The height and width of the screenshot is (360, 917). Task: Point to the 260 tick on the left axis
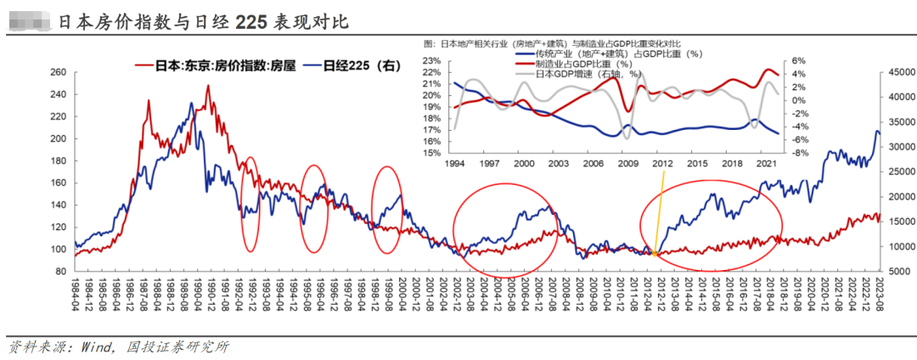[56, 72]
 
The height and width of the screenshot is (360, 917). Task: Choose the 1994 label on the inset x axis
[454, 163]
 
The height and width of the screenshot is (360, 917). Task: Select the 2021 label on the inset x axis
[764, 163]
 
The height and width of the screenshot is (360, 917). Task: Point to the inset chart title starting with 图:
[552, 43]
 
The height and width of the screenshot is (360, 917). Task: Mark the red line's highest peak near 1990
[207, 86]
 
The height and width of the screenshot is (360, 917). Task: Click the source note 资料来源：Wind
[119, 346]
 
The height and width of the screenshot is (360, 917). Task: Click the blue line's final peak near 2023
[877, 131]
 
